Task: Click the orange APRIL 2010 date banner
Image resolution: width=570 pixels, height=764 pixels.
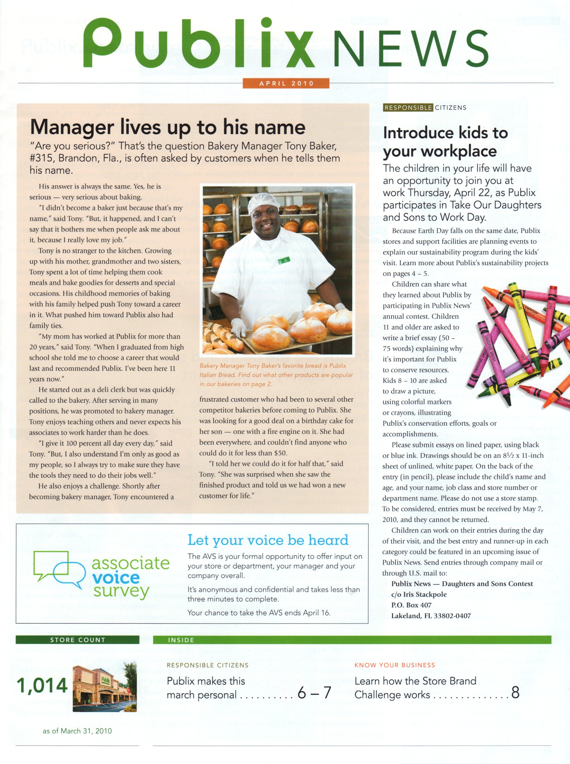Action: coord(286,83)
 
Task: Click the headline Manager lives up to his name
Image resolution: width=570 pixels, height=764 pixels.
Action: coord(168,127)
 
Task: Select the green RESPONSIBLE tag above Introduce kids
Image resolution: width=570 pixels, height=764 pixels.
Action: coord(408,108)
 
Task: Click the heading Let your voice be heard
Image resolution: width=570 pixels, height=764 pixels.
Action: coord(268,540)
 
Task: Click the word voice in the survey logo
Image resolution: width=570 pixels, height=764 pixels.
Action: coord(116,577)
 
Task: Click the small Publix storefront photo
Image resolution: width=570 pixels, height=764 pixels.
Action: coord(105,688)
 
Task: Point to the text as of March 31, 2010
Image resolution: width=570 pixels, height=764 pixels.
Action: coord(77,731)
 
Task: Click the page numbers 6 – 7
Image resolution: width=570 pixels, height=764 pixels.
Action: coord(314,692)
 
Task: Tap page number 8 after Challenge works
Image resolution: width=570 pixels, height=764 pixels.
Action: coord(515,692)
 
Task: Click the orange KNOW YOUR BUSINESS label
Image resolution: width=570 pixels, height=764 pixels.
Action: coord(395,665)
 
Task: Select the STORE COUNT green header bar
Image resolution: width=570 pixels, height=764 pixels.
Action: coord(78,640)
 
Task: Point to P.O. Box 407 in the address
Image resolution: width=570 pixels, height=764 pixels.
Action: coord(411,605)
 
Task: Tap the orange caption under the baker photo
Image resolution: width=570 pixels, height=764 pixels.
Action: coord(276,375)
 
